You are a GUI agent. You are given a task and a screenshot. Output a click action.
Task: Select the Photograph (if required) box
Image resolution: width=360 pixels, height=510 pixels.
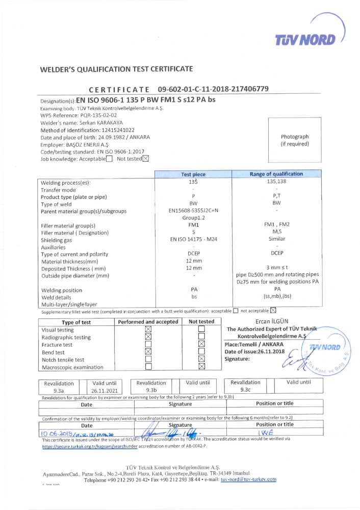point(295,140)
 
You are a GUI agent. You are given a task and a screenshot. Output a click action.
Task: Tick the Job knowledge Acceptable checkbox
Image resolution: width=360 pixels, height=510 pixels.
point(109,159)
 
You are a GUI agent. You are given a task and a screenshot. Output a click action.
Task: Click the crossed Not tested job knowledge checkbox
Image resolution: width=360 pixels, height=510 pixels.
point(145,159)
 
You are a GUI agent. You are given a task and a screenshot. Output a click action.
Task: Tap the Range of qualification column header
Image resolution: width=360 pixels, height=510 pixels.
point(276,174)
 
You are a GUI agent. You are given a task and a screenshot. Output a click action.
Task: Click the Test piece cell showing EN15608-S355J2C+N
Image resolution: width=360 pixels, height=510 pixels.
point(193,211)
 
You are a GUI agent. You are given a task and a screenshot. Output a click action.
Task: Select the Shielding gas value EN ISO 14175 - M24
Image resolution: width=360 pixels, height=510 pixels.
point(193,239)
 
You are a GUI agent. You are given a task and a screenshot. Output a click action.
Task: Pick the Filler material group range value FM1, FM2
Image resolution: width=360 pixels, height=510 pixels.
point(276,225)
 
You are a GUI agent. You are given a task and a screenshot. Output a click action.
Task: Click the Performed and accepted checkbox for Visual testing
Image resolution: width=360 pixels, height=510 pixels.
point(148,329)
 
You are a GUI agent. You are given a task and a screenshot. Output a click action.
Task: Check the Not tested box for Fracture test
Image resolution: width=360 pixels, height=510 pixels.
point(201,344)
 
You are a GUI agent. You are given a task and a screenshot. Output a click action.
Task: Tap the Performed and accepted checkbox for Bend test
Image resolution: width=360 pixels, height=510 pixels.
point(148,351)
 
